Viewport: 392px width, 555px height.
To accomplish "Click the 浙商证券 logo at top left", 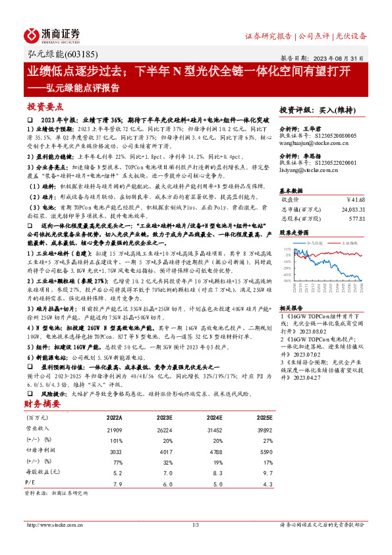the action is [52, 34].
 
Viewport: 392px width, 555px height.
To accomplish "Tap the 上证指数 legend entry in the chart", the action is [349, 243].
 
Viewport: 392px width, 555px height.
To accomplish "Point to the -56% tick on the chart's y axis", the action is [285, 280].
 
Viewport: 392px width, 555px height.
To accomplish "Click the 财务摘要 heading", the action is [42, 403].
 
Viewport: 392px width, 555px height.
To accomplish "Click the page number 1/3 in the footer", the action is [195, 524].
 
